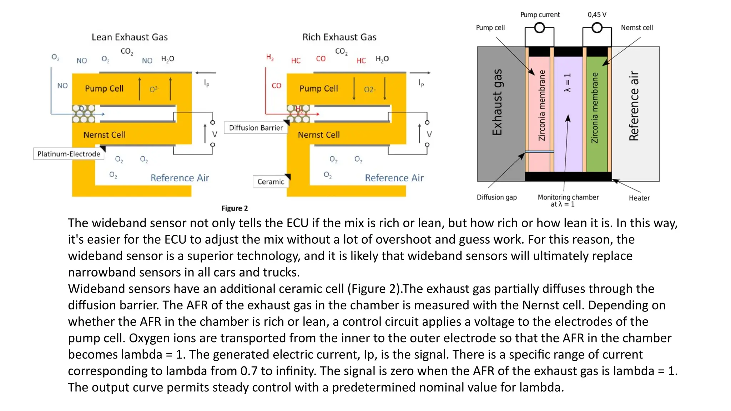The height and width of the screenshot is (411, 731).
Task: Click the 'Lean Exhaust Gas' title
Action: tap(130, 37)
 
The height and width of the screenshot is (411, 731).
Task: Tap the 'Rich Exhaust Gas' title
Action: tap(339, 37)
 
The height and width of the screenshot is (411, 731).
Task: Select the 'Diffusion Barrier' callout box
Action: tap(256, 128)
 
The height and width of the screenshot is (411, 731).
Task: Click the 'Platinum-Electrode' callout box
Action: tap(69, 154)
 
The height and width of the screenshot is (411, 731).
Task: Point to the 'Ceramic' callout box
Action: tap(271, 182)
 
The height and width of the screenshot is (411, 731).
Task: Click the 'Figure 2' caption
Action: tap(235, 208)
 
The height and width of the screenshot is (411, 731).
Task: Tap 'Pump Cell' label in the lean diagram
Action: tap(104, 88)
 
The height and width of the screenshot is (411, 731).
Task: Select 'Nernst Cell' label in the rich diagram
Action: tap(319, 135)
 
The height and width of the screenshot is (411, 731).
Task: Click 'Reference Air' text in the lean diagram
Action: tap(180, 178)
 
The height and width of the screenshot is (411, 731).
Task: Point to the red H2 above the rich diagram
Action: tap(270, 57)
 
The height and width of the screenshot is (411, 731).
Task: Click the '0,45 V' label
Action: tap(597, 15)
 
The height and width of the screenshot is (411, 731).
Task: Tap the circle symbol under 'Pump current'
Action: tap(539, 28)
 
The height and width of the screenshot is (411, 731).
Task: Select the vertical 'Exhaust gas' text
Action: tap(497, 102)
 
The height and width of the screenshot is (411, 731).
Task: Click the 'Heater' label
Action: tap(639, 198)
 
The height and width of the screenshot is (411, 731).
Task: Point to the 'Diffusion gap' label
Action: tap(496, 197)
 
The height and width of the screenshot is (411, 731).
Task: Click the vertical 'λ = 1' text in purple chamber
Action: tap(567, 83)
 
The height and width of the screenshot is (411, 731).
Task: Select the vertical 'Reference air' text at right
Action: tap(634, 106)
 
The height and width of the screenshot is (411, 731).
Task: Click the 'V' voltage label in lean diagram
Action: tap(215, 135)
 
